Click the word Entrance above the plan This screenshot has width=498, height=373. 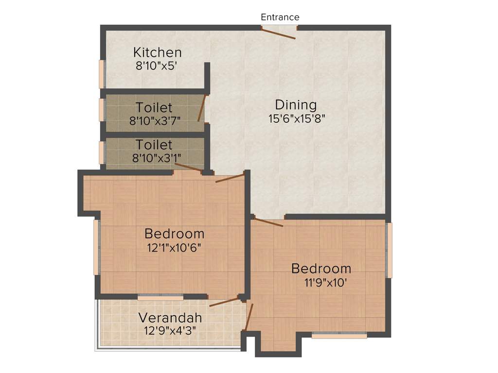tap(280, 17)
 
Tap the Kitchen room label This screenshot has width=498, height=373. tap(158, 52)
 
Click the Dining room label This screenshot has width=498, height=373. tap(296, 104)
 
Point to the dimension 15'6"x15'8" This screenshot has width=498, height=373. tap(296, 118)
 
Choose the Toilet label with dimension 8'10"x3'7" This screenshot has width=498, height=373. tap(154, 107)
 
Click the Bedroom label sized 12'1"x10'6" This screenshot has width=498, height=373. tap(175, 233)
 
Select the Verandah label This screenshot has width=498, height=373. tap(170, 318)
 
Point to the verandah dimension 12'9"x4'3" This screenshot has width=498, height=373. tap(170, 331)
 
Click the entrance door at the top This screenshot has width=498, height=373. tap(279, 33)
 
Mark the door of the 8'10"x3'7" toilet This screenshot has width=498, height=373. tap(202, 108)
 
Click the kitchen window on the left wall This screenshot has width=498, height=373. tap(102, 74)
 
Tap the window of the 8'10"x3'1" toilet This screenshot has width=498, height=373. tap(102, 152)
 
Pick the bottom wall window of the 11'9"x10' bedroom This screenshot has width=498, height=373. tap(339, 334)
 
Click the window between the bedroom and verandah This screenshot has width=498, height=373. tap(160, 296)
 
